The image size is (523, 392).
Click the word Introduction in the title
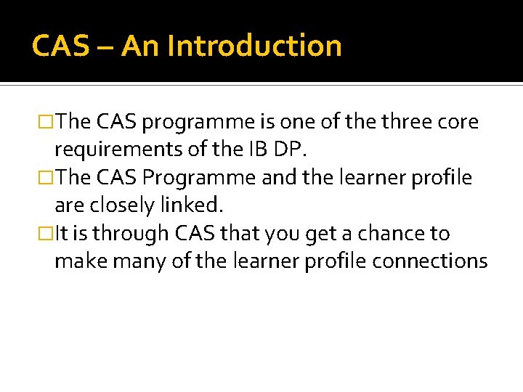pos(254,46)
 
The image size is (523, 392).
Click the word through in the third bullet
pos(135,234)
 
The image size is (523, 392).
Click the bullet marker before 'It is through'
pos(48,234)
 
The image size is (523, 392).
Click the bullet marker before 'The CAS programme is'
pos(48,122)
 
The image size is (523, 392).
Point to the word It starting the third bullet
pos(62,234)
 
